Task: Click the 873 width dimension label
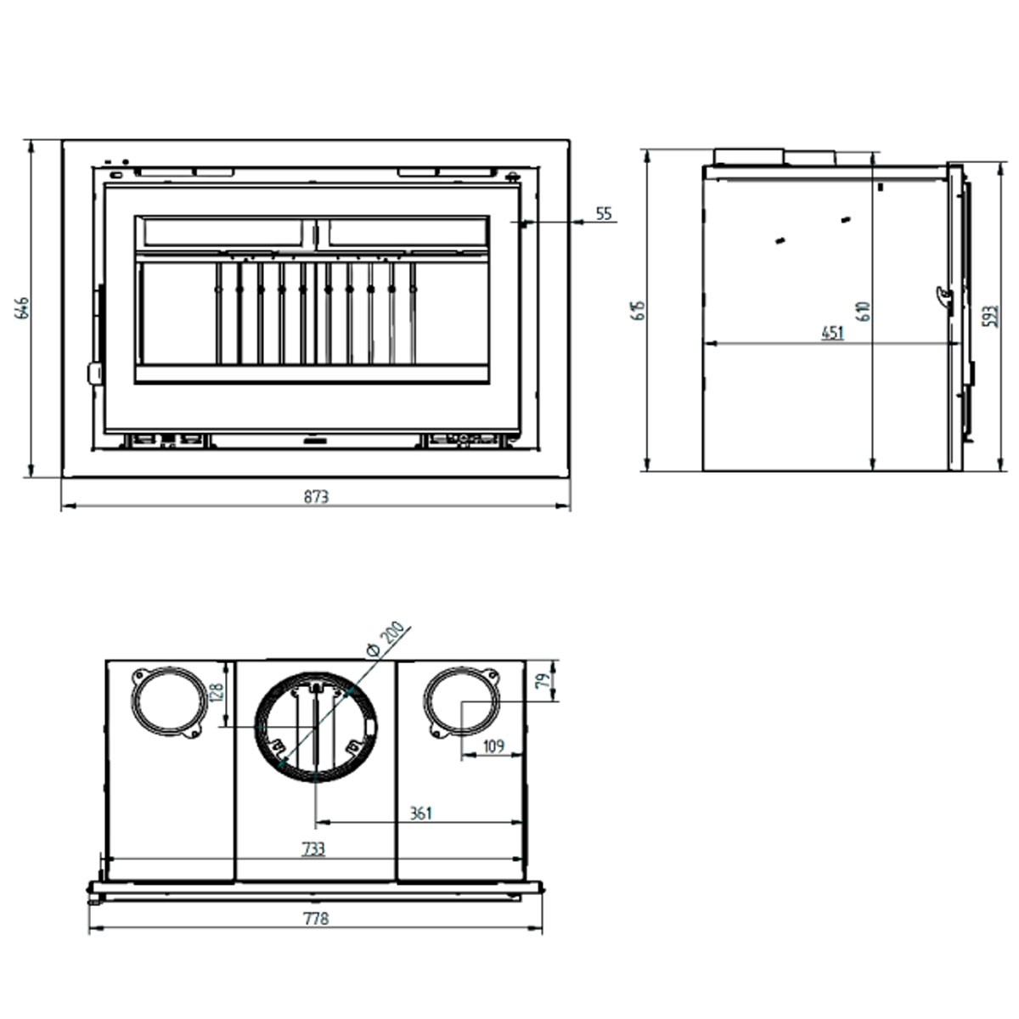click(x=315, y=497)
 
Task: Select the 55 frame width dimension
click(x=603, y=213)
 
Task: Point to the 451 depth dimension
click(x=832, y=332)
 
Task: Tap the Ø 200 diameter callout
click(x=384, y=639)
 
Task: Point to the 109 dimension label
click(x=493, y=746)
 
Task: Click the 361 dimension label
click(x=420, y=813)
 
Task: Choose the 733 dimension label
click(x=313, y=848)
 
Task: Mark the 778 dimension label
click(x=314, y=918)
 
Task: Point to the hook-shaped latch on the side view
click(x=943, y=295)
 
